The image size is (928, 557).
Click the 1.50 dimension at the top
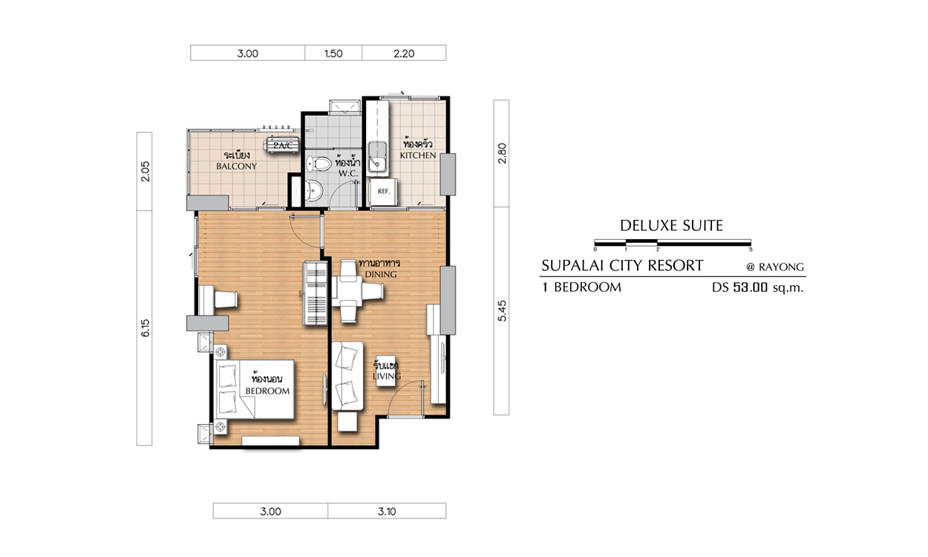[333, 53]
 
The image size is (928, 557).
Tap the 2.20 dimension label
[404, 53]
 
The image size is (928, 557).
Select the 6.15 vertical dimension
[145, 328]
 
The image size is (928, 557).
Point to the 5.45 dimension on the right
[502, 310]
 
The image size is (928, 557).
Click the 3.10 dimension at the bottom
[387, 512]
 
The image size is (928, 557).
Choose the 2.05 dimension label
[145, 171]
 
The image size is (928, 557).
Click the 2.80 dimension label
[502, 153]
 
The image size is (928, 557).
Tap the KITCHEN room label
[417, 155]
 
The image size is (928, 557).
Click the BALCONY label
[237, 166]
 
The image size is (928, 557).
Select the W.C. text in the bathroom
[348, 174]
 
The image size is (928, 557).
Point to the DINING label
[381, 274]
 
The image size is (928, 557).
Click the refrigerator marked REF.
[384, 192]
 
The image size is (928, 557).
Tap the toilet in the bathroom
[318, 163]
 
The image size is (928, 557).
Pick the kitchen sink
[377, 157]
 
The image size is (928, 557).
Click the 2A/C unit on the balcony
[281, 146]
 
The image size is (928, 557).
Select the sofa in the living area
[347, 376]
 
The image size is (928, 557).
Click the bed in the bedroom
[255, 389]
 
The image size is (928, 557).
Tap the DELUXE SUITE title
[672, 226]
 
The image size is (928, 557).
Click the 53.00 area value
[751, 287]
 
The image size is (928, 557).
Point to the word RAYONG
[781, 267]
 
